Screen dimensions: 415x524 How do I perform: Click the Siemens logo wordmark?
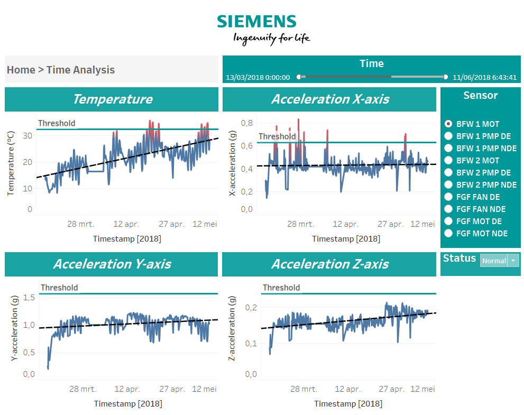(x=256, y=21)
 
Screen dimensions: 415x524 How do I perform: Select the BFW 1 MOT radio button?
(x=448, y=124)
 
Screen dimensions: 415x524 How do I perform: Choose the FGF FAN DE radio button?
(x=448, y=197)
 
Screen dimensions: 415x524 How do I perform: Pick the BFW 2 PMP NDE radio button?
(x=448, y=185)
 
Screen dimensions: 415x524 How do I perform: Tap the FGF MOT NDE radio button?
(x=448, y=233)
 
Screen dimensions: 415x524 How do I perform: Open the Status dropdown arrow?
(x=513, y=261)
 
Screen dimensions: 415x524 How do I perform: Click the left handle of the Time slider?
(x=299, y=77)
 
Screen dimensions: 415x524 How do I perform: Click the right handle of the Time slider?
(x=445, y=77)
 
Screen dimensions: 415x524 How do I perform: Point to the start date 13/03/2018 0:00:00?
(x=258, y=77)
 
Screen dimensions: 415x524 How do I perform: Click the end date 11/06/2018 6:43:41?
(x=484, y=77)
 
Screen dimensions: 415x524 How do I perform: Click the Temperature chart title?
(x=112, y=99)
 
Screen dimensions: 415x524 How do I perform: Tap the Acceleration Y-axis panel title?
(x=112, y=264)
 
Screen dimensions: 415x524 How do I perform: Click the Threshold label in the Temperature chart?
(x=57, y=123)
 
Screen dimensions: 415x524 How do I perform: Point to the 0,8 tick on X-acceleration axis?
(x=246, y=123)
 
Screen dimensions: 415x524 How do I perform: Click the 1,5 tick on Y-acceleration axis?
(x=30, y=298)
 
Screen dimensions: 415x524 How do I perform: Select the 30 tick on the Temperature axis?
(x=27, y=135)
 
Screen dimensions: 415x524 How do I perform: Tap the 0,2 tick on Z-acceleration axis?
(x=251, y=307)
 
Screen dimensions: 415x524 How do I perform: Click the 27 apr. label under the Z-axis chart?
(x=391, y=389)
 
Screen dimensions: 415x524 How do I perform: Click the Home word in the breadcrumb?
(x=21, y=70)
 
